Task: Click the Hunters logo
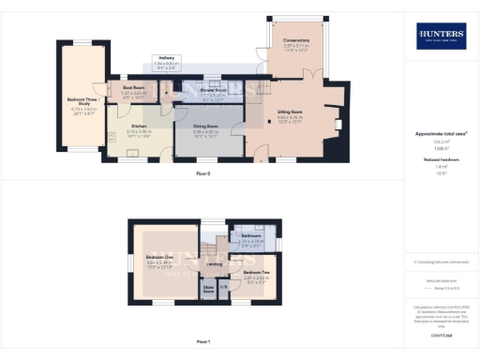(441, 37)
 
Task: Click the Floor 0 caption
(203, 174)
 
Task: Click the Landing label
(213, 265)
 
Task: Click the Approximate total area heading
(441, 134)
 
